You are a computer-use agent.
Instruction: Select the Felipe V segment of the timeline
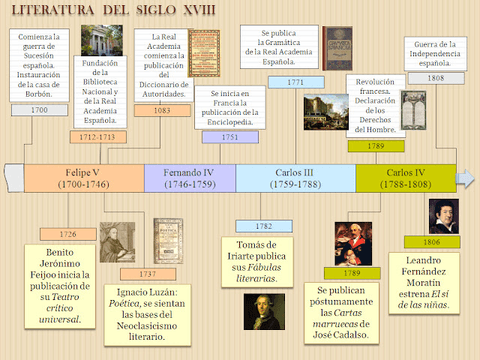click(x=83, y=177)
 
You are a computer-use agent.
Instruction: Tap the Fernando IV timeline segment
click(x=190, y=177)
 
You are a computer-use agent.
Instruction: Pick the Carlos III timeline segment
click(x=296, y=177)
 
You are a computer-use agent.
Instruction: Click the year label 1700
click(x=39, y=110)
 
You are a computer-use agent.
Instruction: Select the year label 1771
click(x=296, y=82)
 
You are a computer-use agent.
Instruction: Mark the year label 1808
click(x=435, y=76)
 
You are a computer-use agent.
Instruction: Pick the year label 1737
click(x=147, y=273)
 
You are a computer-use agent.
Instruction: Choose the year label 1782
click(x=262, y=226)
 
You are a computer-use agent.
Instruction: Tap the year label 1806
click(x=431, y=242)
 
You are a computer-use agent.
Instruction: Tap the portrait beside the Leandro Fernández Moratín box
click(x=442, y=216)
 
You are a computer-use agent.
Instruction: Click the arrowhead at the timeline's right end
click(x=466, y=178)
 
